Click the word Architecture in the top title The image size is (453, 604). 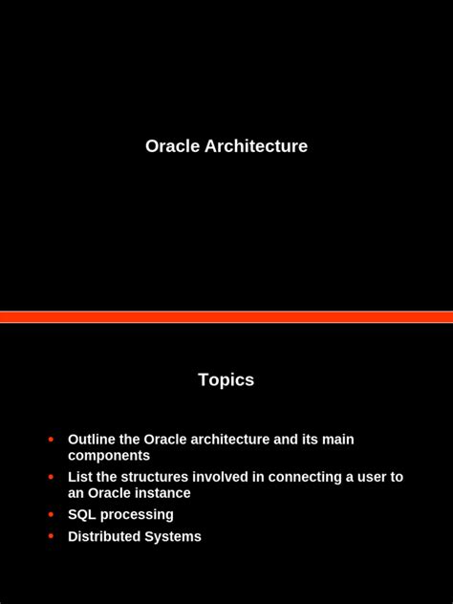[x=256, y=146]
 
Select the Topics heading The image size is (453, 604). [x=226, y=379]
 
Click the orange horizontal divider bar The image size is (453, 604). [x=226, y=316]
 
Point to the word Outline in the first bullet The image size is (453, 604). [x=92, y=440]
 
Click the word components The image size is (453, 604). [x=109, y=456]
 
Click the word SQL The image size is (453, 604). [x=82, y=515]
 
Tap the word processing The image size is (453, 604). [x=137, y=515]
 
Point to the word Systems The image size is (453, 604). [x=173, y=537]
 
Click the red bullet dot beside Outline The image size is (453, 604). [x=51, y=440]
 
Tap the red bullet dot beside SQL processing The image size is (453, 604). [x=51, y=514]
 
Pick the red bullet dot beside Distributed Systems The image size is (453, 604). [x=51, y=536]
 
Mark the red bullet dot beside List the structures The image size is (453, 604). [x=51, y=477]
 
